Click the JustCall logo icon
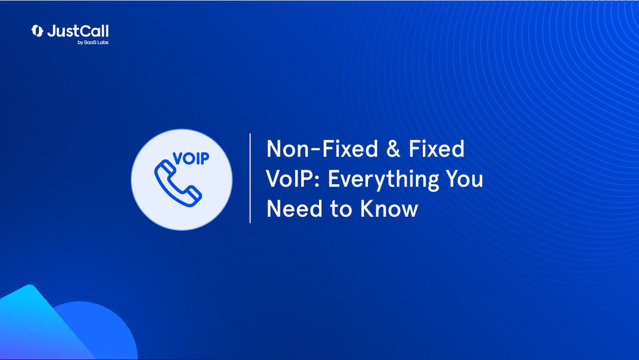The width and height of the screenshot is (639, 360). click(x=37, y=31)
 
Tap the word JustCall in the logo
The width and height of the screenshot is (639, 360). click(x=78, y=31)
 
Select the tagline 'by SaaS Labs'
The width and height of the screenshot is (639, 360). click(x=93, y=43)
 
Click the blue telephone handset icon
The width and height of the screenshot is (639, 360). click(x=178, y=184)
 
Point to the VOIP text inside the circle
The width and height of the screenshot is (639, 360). click(x=191, y=158)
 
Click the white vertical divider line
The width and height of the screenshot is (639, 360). click(x=250, y=178)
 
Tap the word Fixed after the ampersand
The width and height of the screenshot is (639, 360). click(x=436, y=149)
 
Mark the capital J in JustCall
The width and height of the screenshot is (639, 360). click(x=51, y=31)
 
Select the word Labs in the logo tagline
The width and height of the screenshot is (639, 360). click(x=102, y=43)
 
